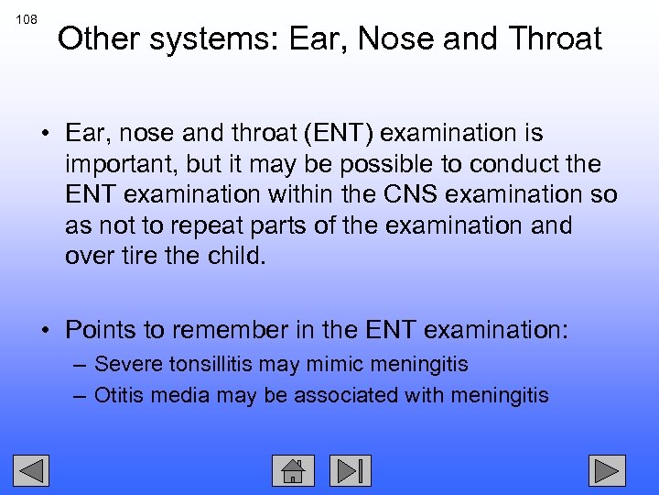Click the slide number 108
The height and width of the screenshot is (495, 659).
tap(27, 18)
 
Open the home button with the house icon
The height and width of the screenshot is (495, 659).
tap(293, 470)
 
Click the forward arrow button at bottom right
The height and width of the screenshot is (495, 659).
tap(606, 470)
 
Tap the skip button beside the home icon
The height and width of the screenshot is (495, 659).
tap(350, 470)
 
